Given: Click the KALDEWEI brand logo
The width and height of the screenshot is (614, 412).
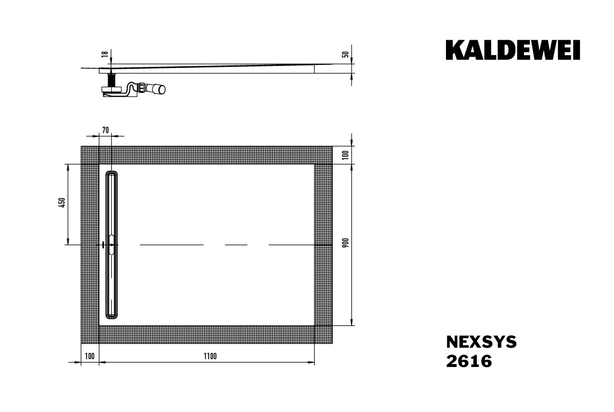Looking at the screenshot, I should coord(513,50).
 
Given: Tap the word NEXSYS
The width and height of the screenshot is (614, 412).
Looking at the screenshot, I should coord(481,342).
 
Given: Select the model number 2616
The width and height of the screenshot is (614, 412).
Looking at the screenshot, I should coord(469,361).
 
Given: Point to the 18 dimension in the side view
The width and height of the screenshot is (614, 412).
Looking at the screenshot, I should coord(104,55).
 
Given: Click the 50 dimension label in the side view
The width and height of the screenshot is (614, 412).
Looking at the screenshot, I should coord(345,54).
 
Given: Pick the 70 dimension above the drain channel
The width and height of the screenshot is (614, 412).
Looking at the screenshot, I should coord(106,129).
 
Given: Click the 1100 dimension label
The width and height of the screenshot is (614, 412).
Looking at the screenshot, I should coord(210,356).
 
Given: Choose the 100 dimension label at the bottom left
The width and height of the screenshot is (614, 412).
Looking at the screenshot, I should coord(89,356).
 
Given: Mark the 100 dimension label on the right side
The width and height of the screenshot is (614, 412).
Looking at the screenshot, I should coord(345,155).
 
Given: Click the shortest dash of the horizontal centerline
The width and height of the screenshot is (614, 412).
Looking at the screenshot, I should coord(236,245).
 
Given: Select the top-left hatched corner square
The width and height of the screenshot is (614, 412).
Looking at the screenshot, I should coord(90,155).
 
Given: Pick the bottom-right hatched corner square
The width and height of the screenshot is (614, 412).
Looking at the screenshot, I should coord(323,335).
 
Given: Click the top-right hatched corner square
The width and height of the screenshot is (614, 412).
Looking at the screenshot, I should coord(323,155).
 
